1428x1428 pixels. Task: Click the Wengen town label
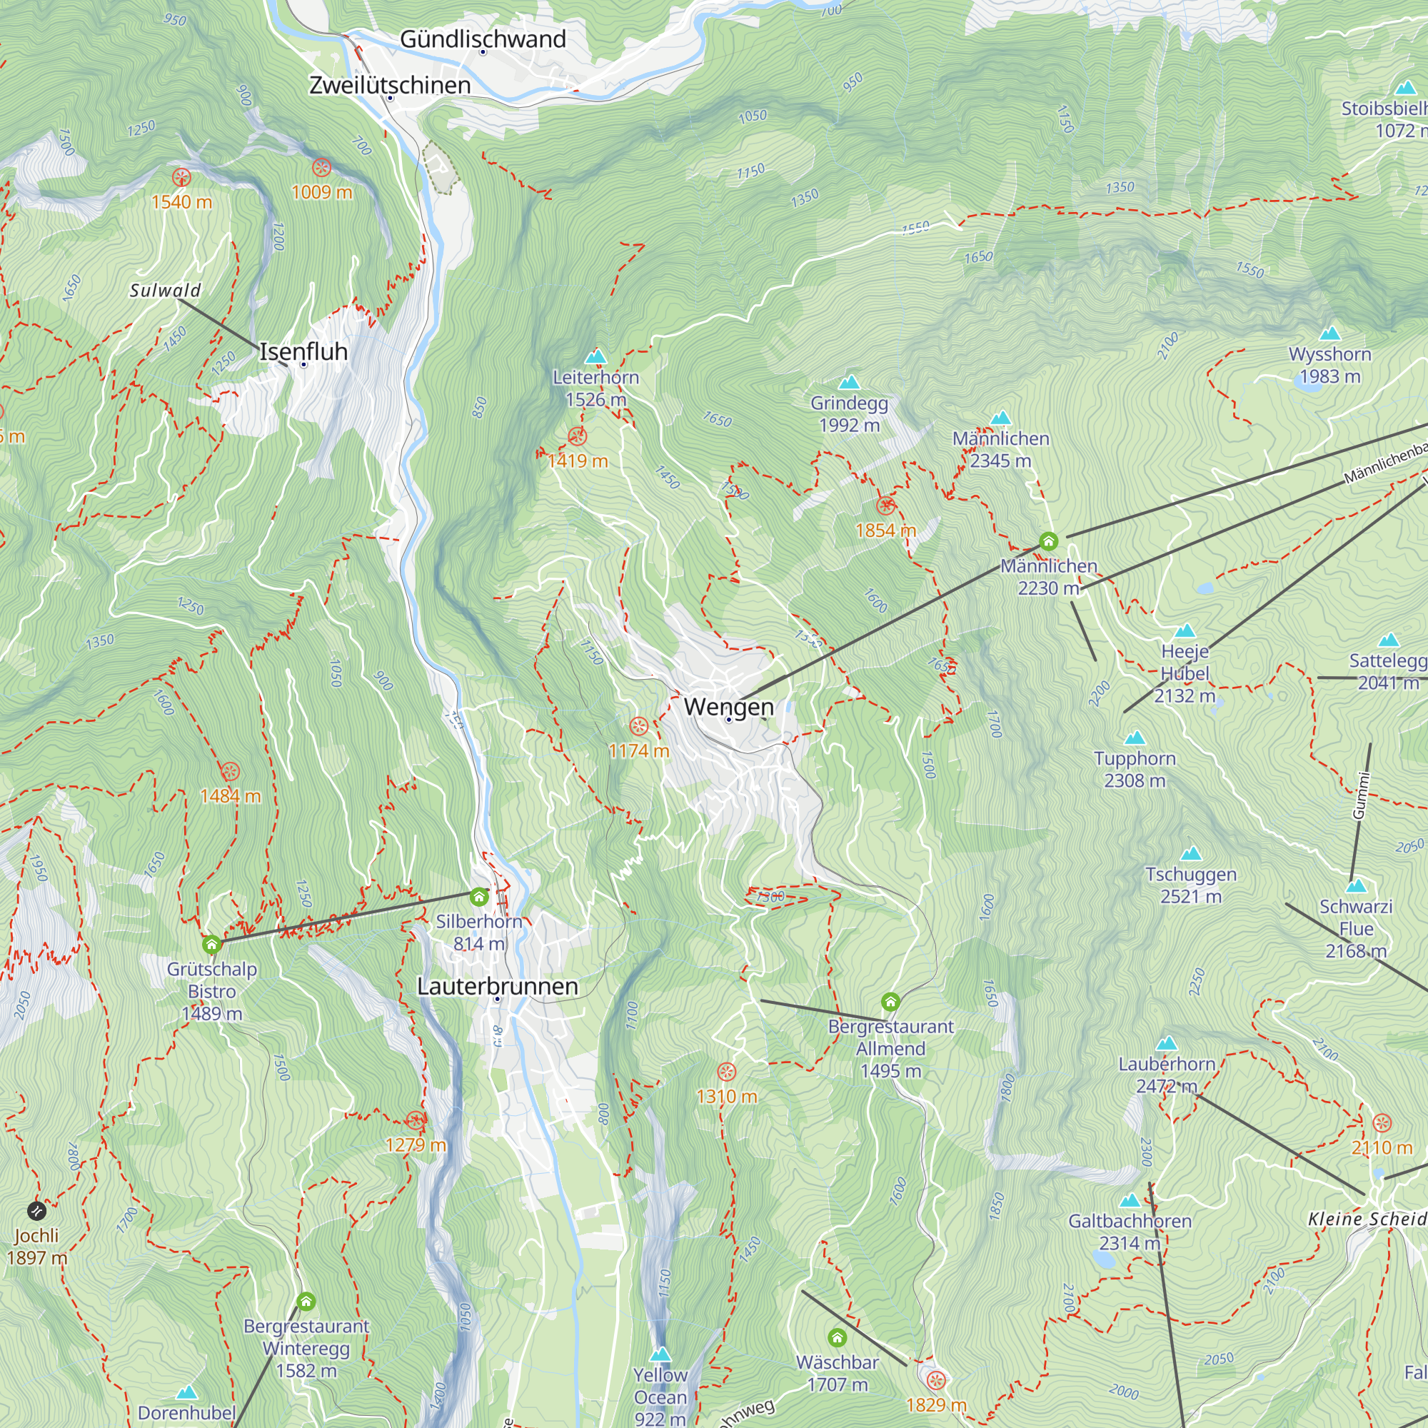point(728,707)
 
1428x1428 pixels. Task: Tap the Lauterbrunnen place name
point(497,986)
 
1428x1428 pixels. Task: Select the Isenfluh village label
point(303,352)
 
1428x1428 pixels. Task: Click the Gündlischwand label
point(483,39)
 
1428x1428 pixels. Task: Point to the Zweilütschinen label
point(390,85)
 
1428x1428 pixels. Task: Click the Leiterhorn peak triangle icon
point(595,357)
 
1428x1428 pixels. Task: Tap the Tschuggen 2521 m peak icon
point(1191,854)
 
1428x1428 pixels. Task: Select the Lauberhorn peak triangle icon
point(1167,1044)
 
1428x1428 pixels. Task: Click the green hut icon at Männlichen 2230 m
point(1048,542)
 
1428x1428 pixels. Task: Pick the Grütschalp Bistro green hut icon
point(211,945)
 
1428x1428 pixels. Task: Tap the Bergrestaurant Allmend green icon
point(890,1002)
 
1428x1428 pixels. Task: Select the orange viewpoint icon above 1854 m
point(885,506)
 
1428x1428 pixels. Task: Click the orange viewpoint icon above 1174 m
point(638,726)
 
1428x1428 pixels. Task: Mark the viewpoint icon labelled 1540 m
point(181,177)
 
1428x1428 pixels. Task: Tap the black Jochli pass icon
point(36,1211)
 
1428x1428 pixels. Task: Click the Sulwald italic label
point(165,291)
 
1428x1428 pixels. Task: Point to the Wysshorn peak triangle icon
point(1329,333)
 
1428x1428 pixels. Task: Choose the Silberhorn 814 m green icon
point(479,897)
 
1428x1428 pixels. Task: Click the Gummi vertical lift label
point(1361,795)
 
